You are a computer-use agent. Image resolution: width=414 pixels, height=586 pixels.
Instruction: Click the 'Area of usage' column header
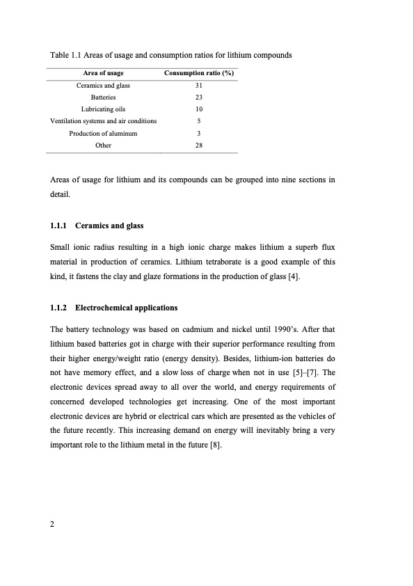(104, 74)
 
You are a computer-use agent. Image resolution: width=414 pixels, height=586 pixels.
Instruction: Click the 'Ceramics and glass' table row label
(103, 86)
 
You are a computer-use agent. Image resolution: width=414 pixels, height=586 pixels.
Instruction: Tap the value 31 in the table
(199, 86)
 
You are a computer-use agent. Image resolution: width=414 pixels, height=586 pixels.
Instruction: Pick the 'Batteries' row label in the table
(103, 97)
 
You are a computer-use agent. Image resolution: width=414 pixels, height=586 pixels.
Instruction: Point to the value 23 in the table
(199, 97)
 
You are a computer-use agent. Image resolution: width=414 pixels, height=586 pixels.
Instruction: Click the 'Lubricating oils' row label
(103, 109)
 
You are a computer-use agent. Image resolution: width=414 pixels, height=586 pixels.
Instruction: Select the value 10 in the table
(199, 109)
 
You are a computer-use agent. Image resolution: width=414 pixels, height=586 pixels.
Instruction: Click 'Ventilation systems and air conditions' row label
(104, 121)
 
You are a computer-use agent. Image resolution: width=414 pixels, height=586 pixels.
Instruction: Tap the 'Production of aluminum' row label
(103, 133)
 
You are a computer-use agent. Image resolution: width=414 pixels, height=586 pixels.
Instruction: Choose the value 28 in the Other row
(199, 145)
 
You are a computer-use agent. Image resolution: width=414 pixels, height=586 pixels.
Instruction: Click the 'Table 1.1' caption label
(65, 55)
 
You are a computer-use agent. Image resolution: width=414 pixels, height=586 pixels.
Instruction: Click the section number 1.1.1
(61, 225)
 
